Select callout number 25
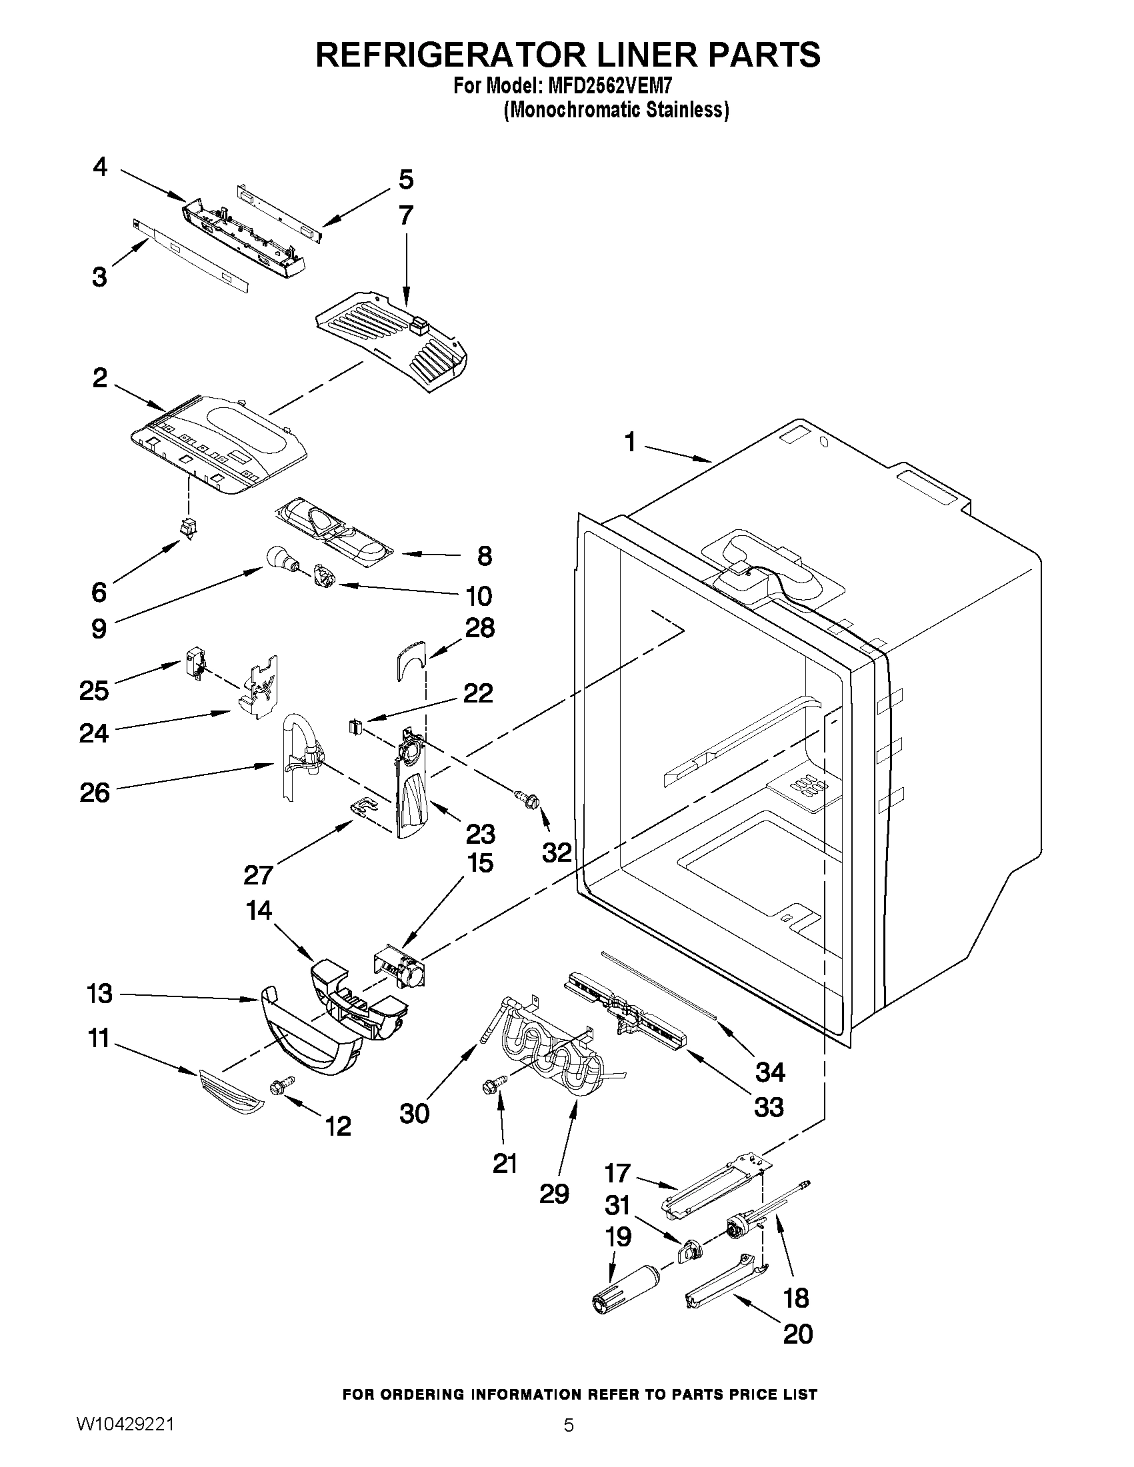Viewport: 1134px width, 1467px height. (x=94, y=689)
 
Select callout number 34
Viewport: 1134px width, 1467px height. (x=770, y=1072)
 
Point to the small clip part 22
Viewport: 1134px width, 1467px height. (x=356, y=726)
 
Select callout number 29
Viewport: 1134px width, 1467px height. (x=554, y=1194)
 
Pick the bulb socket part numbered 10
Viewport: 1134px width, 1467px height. (x=325, y=576)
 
